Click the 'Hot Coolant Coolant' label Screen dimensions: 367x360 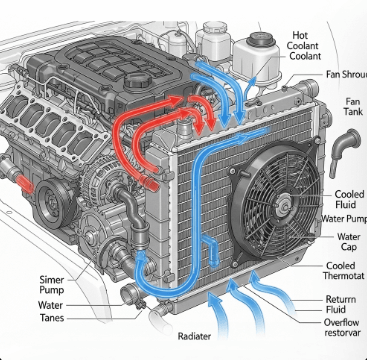tap(303, 46)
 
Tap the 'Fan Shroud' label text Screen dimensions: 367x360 tap(346, 75)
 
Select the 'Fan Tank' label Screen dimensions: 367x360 tap(353, 106)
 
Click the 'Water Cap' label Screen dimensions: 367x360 tap(349, 242)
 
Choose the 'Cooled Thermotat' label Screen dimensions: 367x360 tap(343, 271)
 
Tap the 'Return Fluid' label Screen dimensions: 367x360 tap(340, 304)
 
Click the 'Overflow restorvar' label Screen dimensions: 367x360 tap(342, 328)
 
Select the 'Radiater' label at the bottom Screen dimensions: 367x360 tap(194, 336)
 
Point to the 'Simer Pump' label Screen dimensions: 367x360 tap(51, 285)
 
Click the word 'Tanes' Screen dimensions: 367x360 tap(52, 318)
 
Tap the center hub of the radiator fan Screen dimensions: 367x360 tap(284, 205)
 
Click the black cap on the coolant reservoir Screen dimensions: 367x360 tap(261, 39)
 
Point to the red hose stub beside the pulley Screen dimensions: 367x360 tap(25, 184)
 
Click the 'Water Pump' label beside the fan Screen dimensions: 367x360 tap(344, 219)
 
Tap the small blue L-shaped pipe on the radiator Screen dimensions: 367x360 tap(211, 249)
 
